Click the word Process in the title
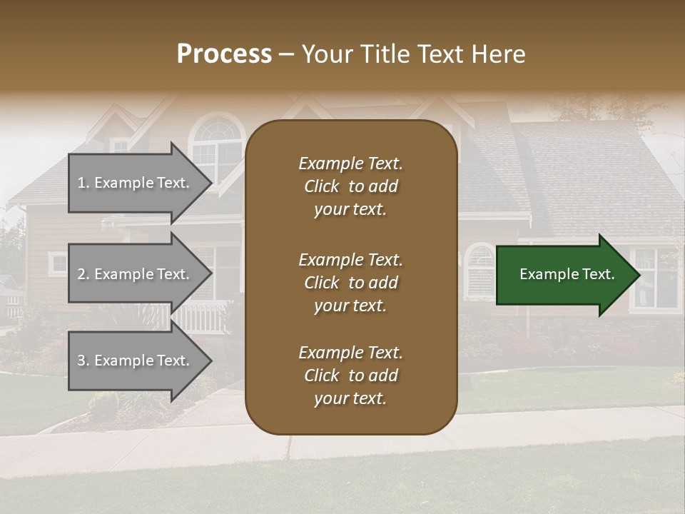pos(224,54)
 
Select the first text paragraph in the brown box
pos(350,186)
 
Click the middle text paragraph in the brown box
pos(350,283)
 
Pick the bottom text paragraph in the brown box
pos(350,376)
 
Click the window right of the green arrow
pos(655,278)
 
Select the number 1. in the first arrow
pos(83,183)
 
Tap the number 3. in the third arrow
pos(83,361)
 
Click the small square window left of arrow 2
pos(58,264)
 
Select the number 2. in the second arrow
pos(83,274)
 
